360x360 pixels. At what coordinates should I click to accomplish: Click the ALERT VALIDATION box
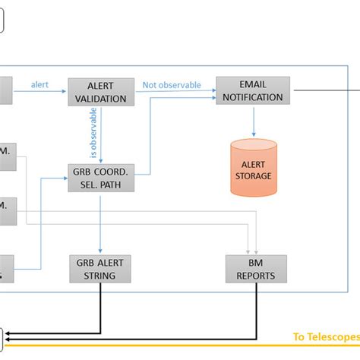click(x=100, y=91)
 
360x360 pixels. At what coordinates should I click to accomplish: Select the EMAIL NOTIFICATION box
click(x=252, y=90)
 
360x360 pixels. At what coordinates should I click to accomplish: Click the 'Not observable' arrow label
click(x=172, y=85)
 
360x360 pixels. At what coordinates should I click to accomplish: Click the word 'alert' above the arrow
click(x=40, y=84)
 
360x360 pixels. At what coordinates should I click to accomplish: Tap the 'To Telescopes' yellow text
click(x=325, y=337)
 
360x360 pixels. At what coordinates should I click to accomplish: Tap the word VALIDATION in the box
click(x=100, y=97)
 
